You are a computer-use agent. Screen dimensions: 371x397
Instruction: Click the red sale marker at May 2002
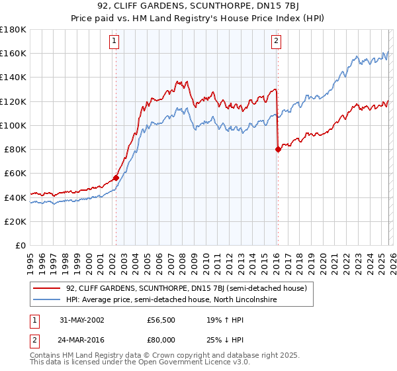[116, 178]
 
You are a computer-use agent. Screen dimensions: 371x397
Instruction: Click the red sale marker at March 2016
[277, 149]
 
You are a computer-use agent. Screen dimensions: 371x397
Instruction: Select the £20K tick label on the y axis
[15, 221]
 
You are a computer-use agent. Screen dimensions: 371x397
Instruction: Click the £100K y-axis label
[13, 125]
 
